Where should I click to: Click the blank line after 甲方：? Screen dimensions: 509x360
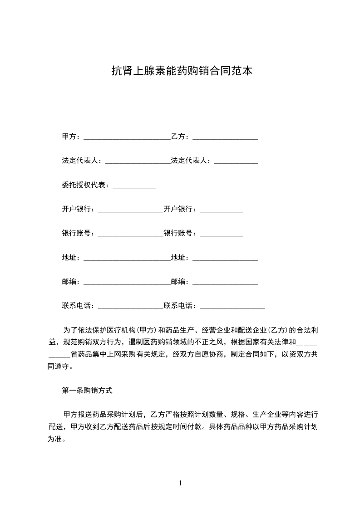pos(127,137)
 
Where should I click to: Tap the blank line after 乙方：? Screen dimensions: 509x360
pos(225,137)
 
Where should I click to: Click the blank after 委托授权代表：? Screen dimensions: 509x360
pos(134,186)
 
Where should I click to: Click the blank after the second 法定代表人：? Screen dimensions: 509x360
pos(236,162)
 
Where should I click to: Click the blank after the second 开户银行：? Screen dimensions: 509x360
pos(222,210)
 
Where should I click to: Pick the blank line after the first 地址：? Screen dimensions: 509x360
pos(127,259)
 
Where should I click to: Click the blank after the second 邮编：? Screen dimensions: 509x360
pos(225,283)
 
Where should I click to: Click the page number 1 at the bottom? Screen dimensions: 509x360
pos(180,483)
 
